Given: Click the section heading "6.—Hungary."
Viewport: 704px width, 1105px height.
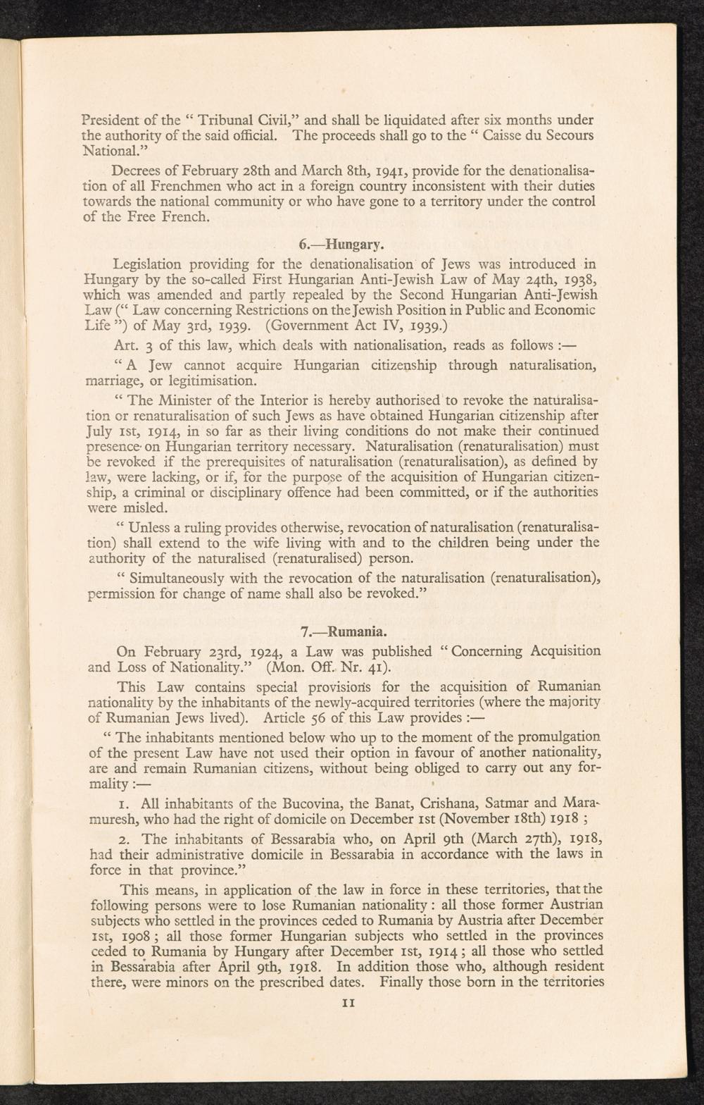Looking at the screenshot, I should click(x=341, y=246).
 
